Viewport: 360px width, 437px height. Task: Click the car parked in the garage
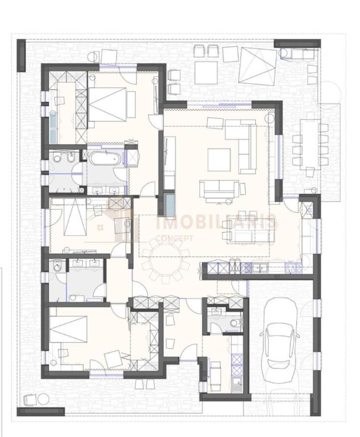point(280,340)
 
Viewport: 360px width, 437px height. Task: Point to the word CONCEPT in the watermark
point(174,238)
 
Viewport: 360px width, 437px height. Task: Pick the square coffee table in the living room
point(219,160)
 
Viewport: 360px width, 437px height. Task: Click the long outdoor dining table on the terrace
point(310,144)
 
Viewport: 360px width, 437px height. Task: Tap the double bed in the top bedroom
point(107,104)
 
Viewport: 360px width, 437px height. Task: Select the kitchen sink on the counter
point(260,268)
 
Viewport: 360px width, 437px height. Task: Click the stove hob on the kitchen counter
point(293,268)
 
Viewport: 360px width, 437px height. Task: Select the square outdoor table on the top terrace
point(206,72)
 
